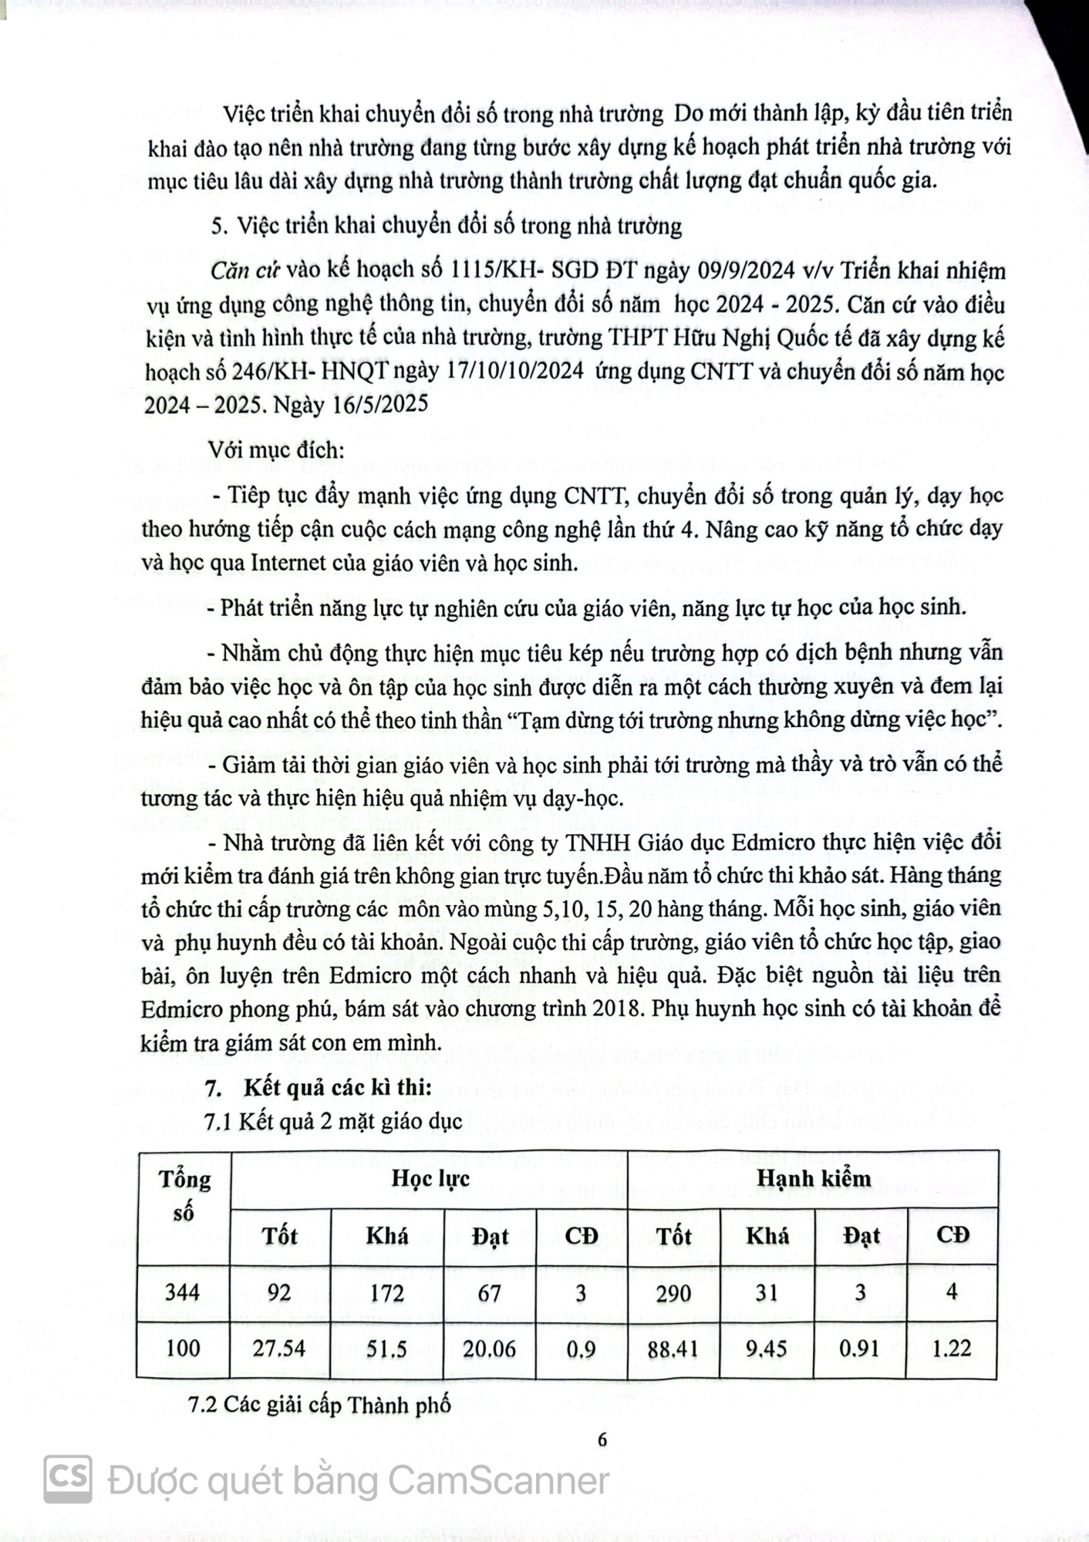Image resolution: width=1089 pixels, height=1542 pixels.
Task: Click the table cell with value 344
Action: click(183, 1293)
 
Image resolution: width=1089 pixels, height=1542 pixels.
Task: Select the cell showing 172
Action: click(386, 1293)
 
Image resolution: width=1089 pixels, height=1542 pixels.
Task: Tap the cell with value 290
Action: click(673, 1293)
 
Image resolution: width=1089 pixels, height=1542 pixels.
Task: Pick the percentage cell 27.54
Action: click(279, 1348)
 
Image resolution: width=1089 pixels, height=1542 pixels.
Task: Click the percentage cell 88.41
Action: click(673, 1348)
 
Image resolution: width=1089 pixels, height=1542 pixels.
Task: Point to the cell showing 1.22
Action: click(952, 1348)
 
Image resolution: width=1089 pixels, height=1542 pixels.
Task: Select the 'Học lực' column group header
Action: click(430, 1178)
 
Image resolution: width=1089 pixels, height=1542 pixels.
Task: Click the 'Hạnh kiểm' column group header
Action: click(813, 1178)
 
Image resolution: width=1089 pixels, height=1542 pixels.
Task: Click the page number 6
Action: click(602, 1439)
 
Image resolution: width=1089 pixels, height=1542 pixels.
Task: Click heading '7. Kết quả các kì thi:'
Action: click(320, 1087)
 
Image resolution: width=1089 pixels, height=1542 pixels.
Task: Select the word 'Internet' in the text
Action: click(288, 563)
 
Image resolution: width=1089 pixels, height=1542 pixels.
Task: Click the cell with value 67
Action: click(490, 1293)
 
